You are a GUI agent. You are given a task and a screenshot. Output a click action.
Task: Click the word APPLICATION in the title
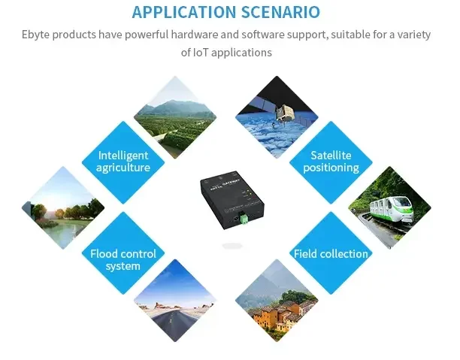182,12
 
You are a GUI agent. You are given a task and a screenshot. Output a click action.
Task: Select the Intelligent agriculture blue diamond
123,162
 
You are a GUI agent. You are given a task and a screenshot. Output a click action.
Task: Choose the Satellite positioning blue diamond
331,162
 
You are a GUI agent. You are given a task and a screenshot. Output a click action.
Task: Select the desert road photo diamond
175,301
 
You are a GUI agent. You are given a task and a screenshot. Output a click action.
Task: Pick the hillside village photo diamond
277,301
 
